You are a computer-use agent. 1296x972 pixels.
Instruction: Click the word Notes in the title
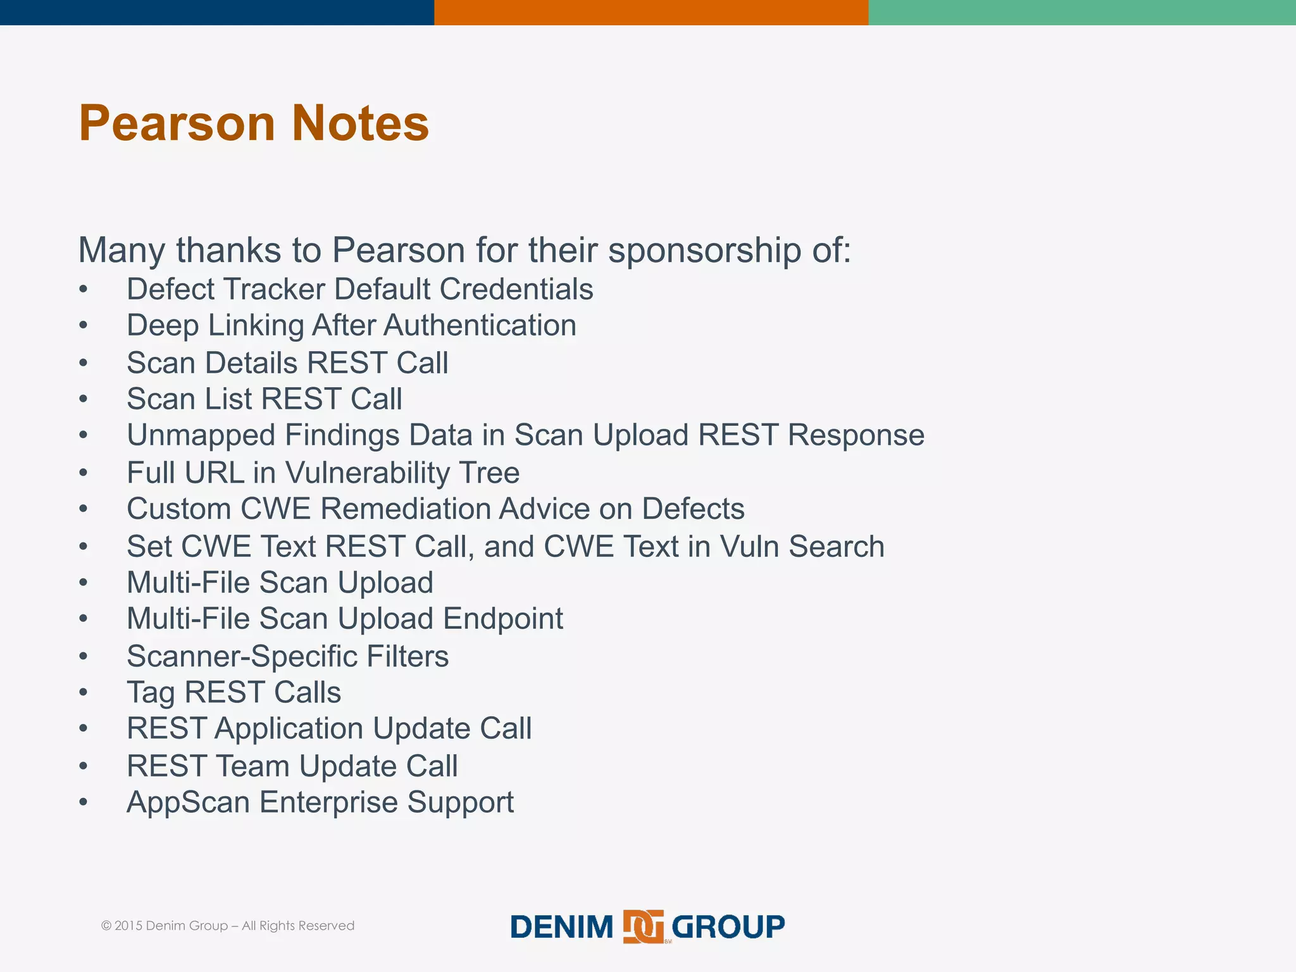coord(360,123)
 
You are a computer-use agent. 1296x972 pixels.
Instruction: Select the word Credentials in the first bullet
coord(516,289)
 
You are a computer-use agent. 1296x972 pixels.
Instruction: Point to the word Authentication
coord(480,326)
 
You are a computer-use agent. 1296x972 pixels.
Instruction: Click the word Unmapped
coord(201,436)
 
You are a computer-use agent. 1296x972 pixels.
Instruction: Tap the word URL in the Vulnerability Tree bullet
coord(214,473)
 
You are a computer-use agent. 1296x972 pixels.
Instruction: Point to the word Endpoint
coord(502,619)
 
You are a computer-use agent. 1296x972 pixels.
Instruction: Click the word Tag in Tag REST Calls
coord(151,693)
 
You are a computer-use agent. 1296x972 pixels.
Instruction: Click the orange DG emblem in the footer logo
coord(643,926)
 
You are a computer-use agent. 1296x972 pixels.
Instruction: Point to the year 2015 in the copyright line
coord(128,926)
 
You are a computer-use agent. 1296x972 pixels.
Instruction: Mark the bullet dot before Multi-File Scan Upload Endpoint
coord(84,619)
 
